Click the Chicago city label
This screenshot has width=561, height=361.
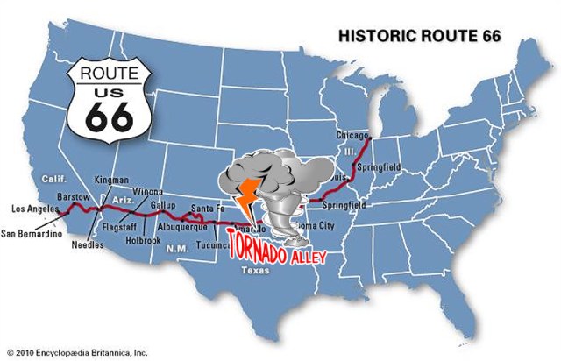(x=353, y=136)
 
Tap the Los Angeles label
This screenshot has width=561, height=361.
(x=35, y=209)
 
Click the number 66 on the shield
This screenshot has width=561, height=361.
(x=106, y=116)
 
